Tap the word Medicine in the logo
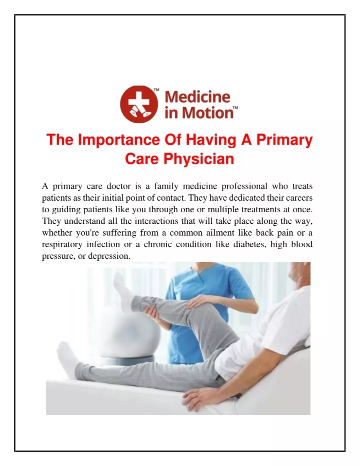(197, 97)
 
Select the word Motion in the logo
(207, 113)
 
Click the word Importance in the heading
(118, 140)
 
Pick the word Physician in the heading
(198, 159)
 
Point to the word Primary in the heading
(284, 140)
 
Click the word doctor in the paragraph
(118, 186)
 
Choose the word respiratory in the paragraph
(61, 245)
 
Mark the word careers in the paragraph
(299, 198)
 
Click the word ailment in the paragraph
(219, 233)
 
